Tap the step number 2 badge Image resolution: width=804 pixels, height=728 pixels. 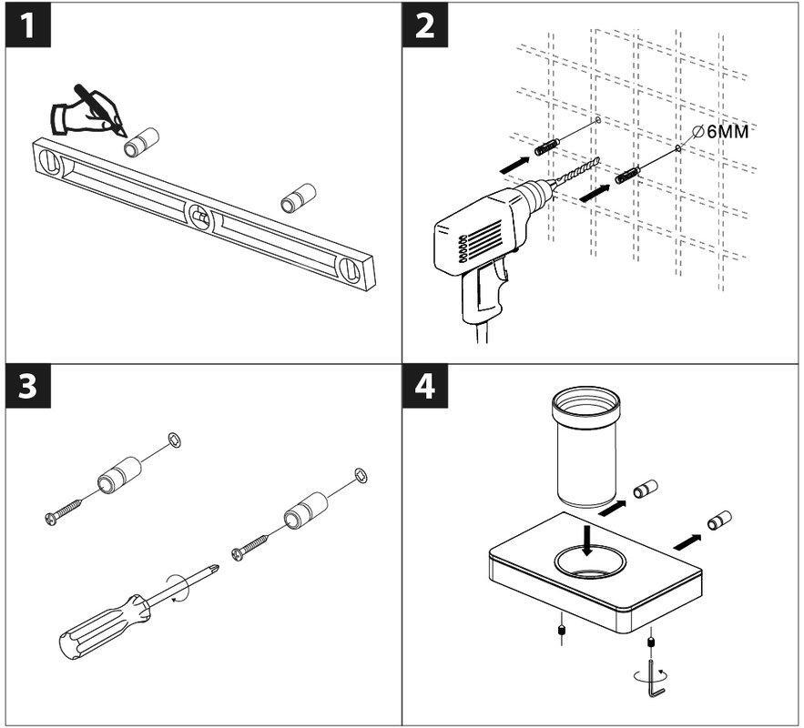pyautogui.click(x=425, y=25)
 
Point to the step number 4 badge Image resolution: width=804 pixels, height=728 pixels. pyautogui.click(x=425, y=386)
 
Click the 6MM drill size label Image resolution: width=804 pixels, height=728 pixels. pyautogui.click(x=727, y=132)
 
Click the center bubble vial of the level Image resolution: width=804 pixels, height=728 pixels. pyautogui.click(x=200, y=217)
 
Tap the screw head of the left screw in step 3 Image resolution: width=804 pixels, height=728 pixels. pyautogui.click(x=51, y=519)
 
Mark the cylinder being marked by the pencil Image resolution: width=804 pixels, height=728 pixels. pyautogui.click(x=143, y=142)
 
